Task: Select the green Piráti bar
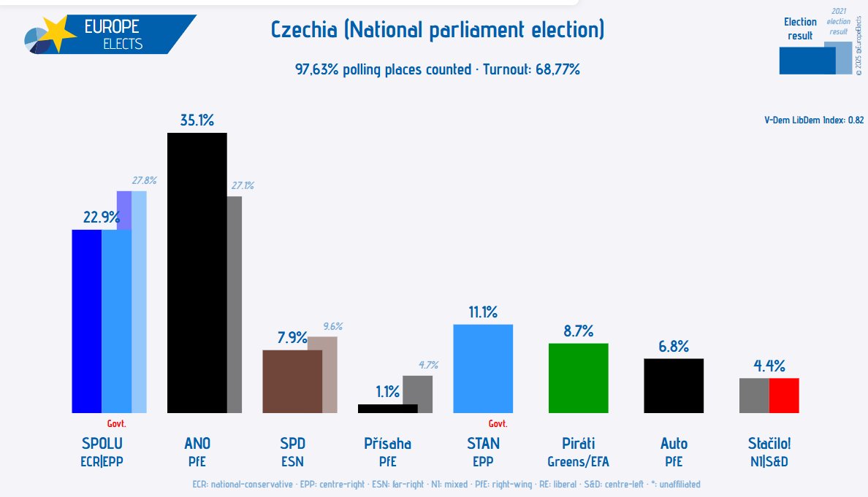578,378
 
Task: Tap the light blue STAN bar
483,369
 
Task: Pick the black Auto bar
673,385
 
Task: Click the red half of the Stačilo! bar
784,395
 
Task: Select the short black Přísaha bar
387,408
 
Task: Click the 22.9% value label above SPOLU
101,217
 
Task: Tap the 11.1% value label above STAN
483,312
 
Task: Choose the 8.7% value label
578,331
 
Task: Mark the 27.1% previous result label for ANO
243,186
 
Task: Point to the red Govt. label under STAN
498,423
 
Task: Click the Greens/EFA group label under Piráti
578,461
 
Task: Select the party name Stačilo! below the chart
769,443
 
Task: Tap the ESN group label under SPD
292,461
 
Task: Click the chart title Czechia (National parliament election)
438,31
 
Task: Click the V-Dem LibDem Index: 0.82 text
814,120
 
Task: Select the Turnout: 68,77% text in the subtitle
532,70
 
